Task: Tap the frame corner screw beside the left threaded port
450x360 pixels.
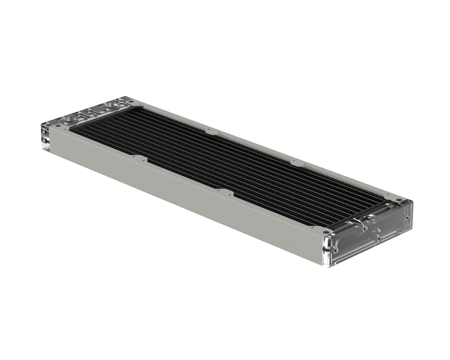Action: [57, 127]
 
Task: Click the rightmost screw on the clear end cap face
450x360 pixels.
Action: [407, 217]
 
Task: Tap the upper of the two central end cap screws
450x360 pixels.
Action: [364, 229]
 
